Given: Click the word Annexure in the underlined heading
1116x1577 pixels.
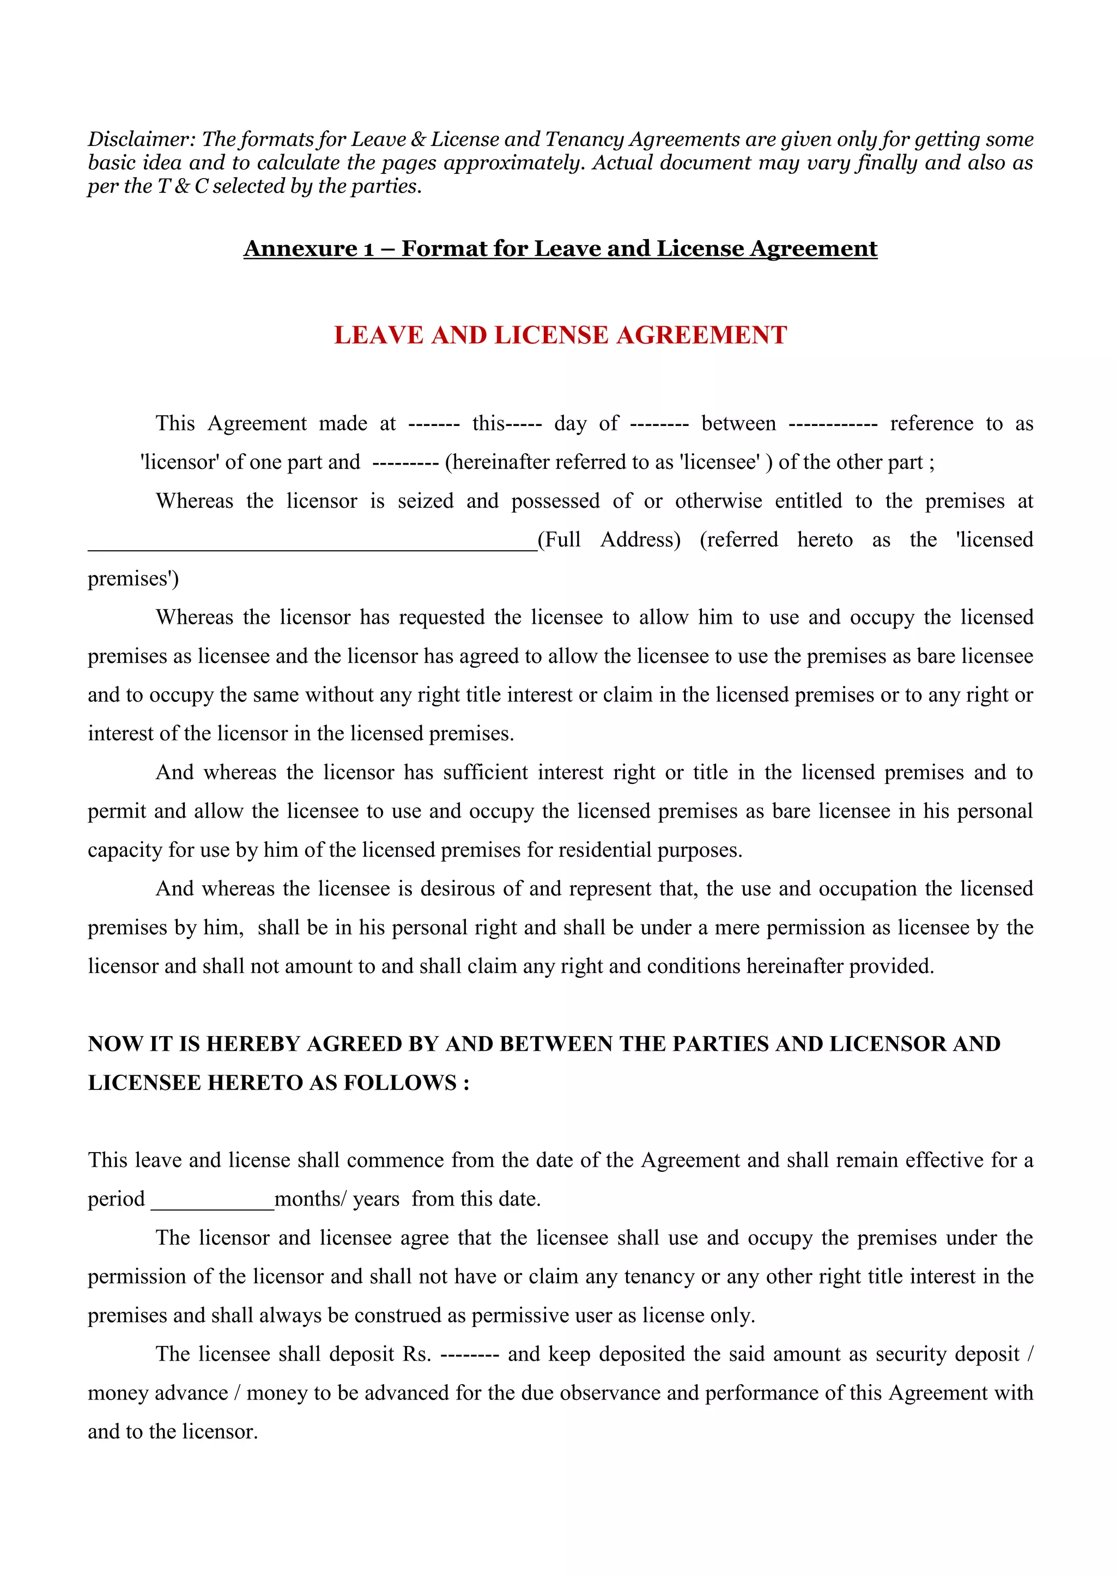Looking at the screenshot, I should (300, 248).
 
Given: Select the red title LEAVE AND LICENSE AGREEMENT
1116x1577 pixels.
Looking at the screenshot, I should (560, 335).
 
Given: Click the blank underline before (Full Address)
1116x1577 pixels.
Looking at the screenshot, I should (312, 547).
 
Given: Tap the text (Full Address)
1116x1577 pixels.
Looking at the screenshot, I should (609, 540).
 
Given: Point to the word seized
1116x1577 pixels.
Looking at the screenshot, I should (426, 501).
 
